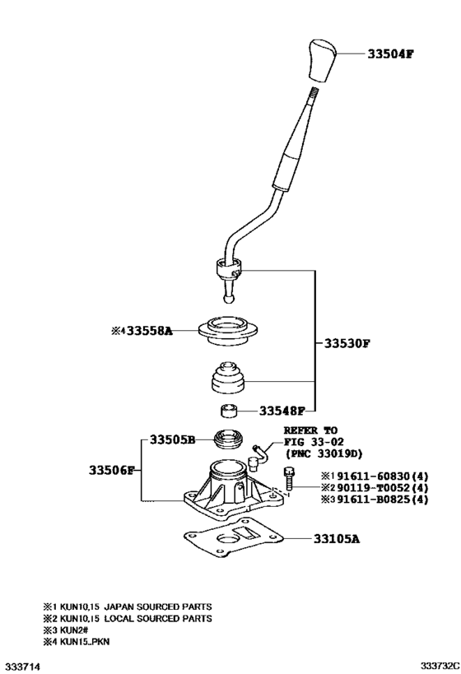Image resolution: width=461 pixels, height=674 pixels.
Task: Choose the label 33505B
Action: click(172, 440)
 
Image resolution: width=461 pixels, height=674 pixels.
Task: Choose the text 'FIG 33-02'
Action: click(311, 441)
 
